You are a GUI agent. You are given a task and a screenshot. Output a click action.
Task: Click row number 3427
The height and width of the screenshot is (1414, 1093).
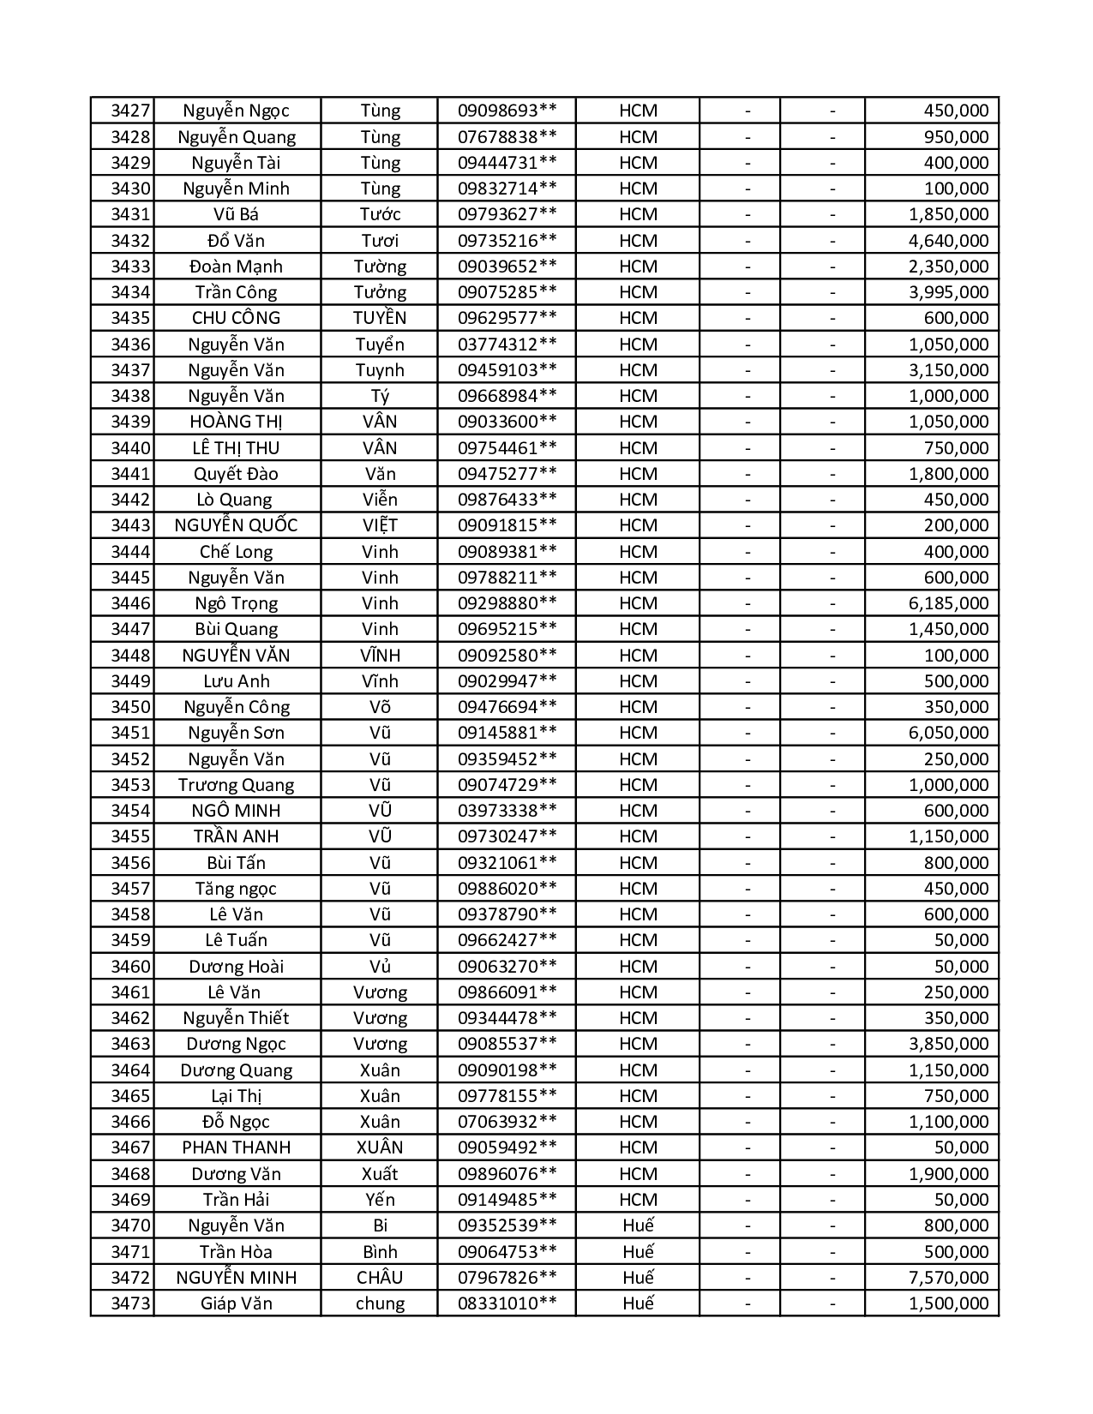coord(130,111)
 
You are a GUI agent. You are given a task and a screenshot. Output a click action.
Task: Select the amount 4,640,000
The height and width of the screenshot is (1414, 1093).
coord(948,241)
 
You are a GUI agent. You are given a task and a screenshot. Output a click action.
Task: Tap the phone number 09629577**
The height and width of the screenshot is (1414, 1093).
coord(507,318)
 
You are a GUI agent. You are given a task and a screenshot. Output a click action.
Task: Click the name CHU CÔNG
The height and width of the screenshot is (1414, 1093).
coord(236,318)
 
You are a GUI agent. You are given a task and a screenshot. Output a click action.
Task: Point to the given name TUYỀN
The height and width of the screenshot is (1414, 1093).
coord(380,318)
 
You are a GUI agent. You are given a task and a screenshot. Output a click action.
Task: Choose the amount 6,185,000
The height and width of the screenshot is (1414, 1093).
coord(948,603)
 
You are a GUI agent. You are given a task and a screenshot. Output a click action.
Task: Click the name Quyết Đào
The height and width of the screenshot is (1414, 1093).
coord(236,474)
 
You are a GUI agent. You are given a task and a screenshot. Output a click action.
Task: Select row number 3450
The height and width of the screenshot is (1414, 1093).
coord(130,707)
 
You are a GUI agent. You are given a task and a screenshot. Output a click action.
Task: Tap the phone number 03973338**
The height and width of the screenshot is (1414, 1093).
coord(507,811)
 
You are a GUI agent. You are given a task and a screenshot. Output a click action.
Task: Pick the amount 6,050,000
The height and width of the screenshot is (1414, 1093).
coord(948,733)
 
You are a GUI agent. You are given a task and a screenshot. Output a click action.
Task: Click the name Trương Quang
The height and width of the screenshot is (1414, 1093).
coord(236,785)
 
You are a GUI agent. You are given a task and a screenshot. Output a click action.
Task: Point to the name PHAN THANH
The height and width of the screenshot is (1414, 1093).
coord(236,1147)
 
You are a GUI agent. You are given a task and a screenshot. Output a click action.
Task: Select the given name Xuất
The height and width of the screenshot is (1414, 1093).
coord(380,1174)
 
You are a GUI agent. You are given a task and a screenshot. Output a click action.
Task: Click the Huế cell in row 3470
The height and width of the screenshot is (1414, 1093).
coord(638,1225)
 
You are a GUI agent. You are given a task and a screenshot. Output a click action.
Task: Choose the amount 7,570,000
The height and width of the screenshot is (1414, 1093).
coord(948,1278)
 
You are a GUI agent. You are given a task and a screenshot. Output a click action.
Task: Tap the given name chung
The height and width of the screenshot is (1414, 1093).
coord(380,1303)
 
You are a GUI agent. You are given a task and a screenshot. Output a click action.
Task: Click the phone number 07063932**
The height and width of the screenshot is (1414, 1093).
coord(507,1122)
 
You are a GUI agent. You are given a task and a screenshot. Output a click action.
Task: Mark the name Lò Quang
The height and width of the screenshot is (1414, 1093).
coord(236,500)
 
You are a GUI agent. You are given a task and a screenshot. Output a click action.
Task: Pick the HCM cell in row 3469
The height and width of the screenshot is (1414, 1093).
coord(638,1200)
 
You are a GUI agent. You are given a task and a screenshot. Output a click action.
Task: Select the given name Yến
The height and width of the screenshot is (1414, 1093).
coord(380,1200)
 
